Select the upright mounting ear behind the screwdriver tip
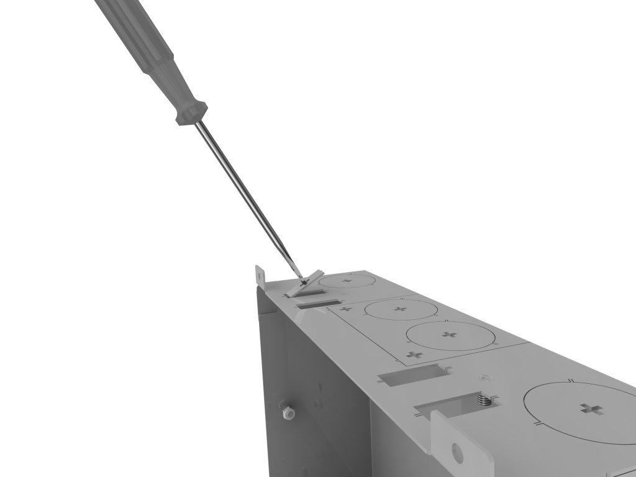click(x=260, y=277)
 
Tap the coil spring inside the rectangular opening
click(x=484, y=401)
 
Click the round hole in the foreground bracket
click(x=458, y=452)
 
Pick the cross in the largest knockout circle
click(x=591, y=409)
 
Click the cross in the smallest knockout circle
click(x=346, y=281)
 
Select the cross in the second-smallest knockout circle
click(x=399, y=308)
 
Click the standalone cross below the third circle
click(x=415, y=355)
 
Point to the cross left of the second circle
click(x=347, y=309)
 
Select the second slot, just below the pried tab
click(x=317, y=304)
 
